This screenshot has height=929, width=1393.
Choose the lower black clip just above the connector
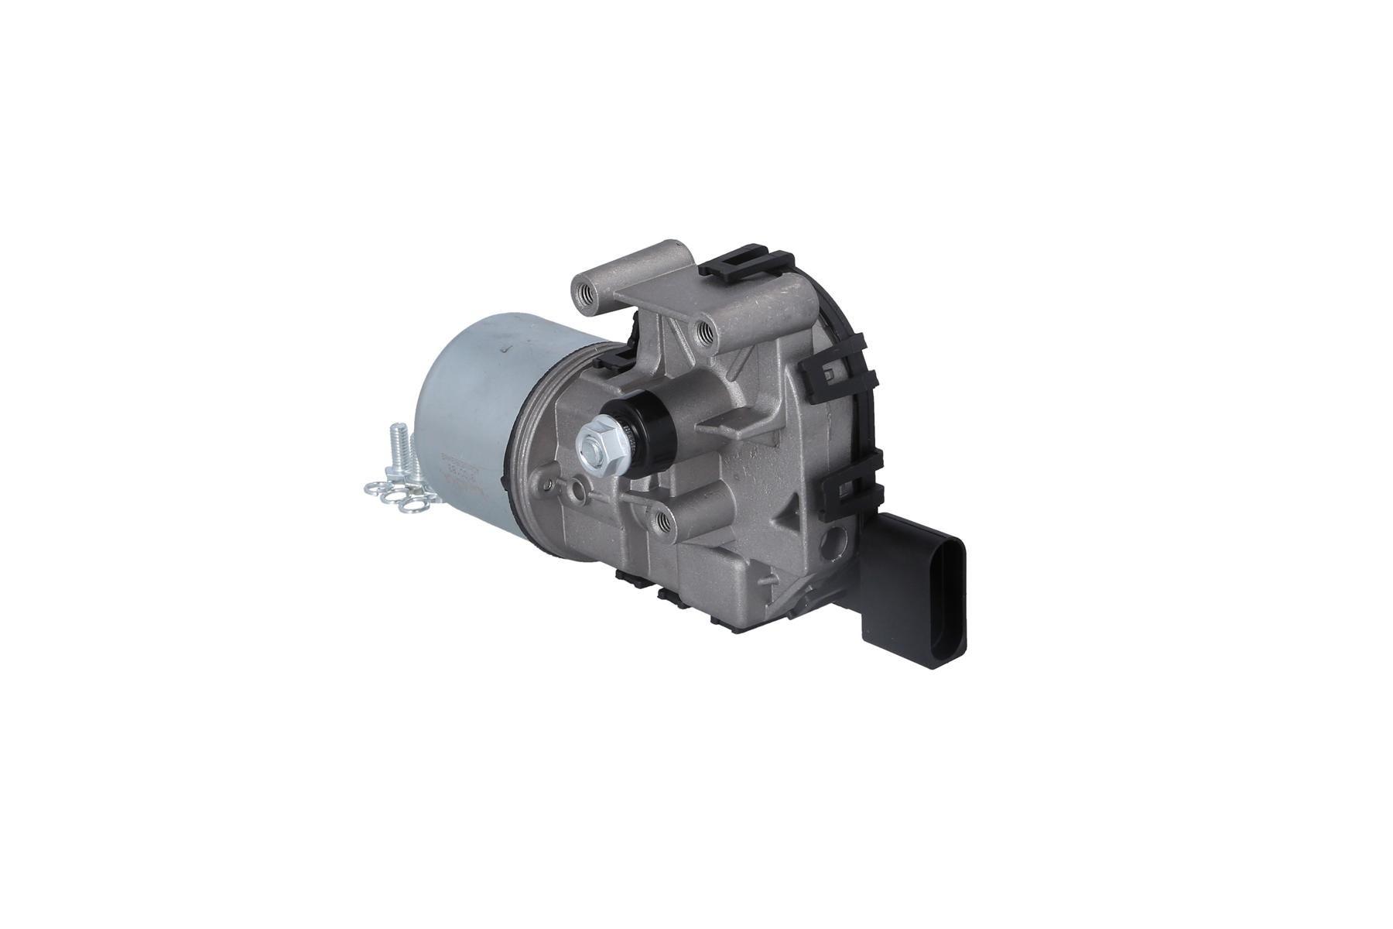click(x=851, y=488)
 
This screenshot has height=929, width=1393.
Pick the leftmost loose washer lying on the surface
click(x=376, y=489)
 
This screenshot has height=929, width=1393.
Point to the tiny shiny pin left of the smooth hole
click(x=549, y=485)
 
